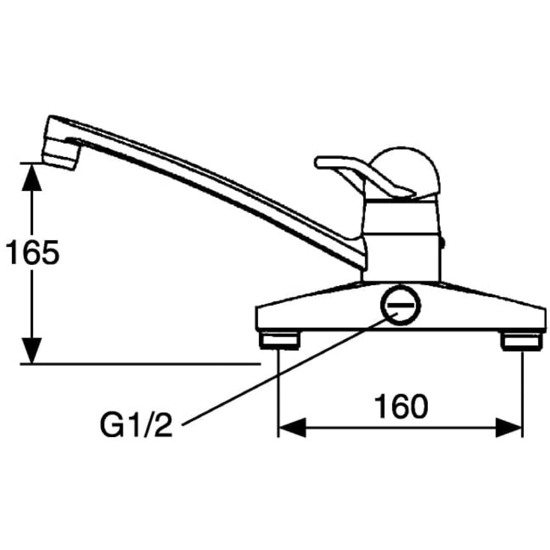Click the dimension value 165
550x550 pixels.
pyautogui.click(x=33, y=253)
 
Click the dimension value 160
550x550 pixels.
pyautogui.click(x=401, y=406)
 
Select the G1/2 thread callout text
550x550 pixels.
pyautogui.click(x=136, y=426)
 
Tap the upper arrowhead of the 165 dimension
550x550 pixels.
pyautogui.click(x=32, y=177)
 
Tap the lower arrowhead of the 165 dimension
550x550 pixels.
pyautogui.click(x=32, y=350)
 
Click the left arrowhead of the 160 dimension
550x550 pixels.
pyautogui.click(x=292, y=428)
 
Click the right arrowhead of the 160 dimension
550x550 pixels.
pyautogui.click(x=509, y=428)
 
